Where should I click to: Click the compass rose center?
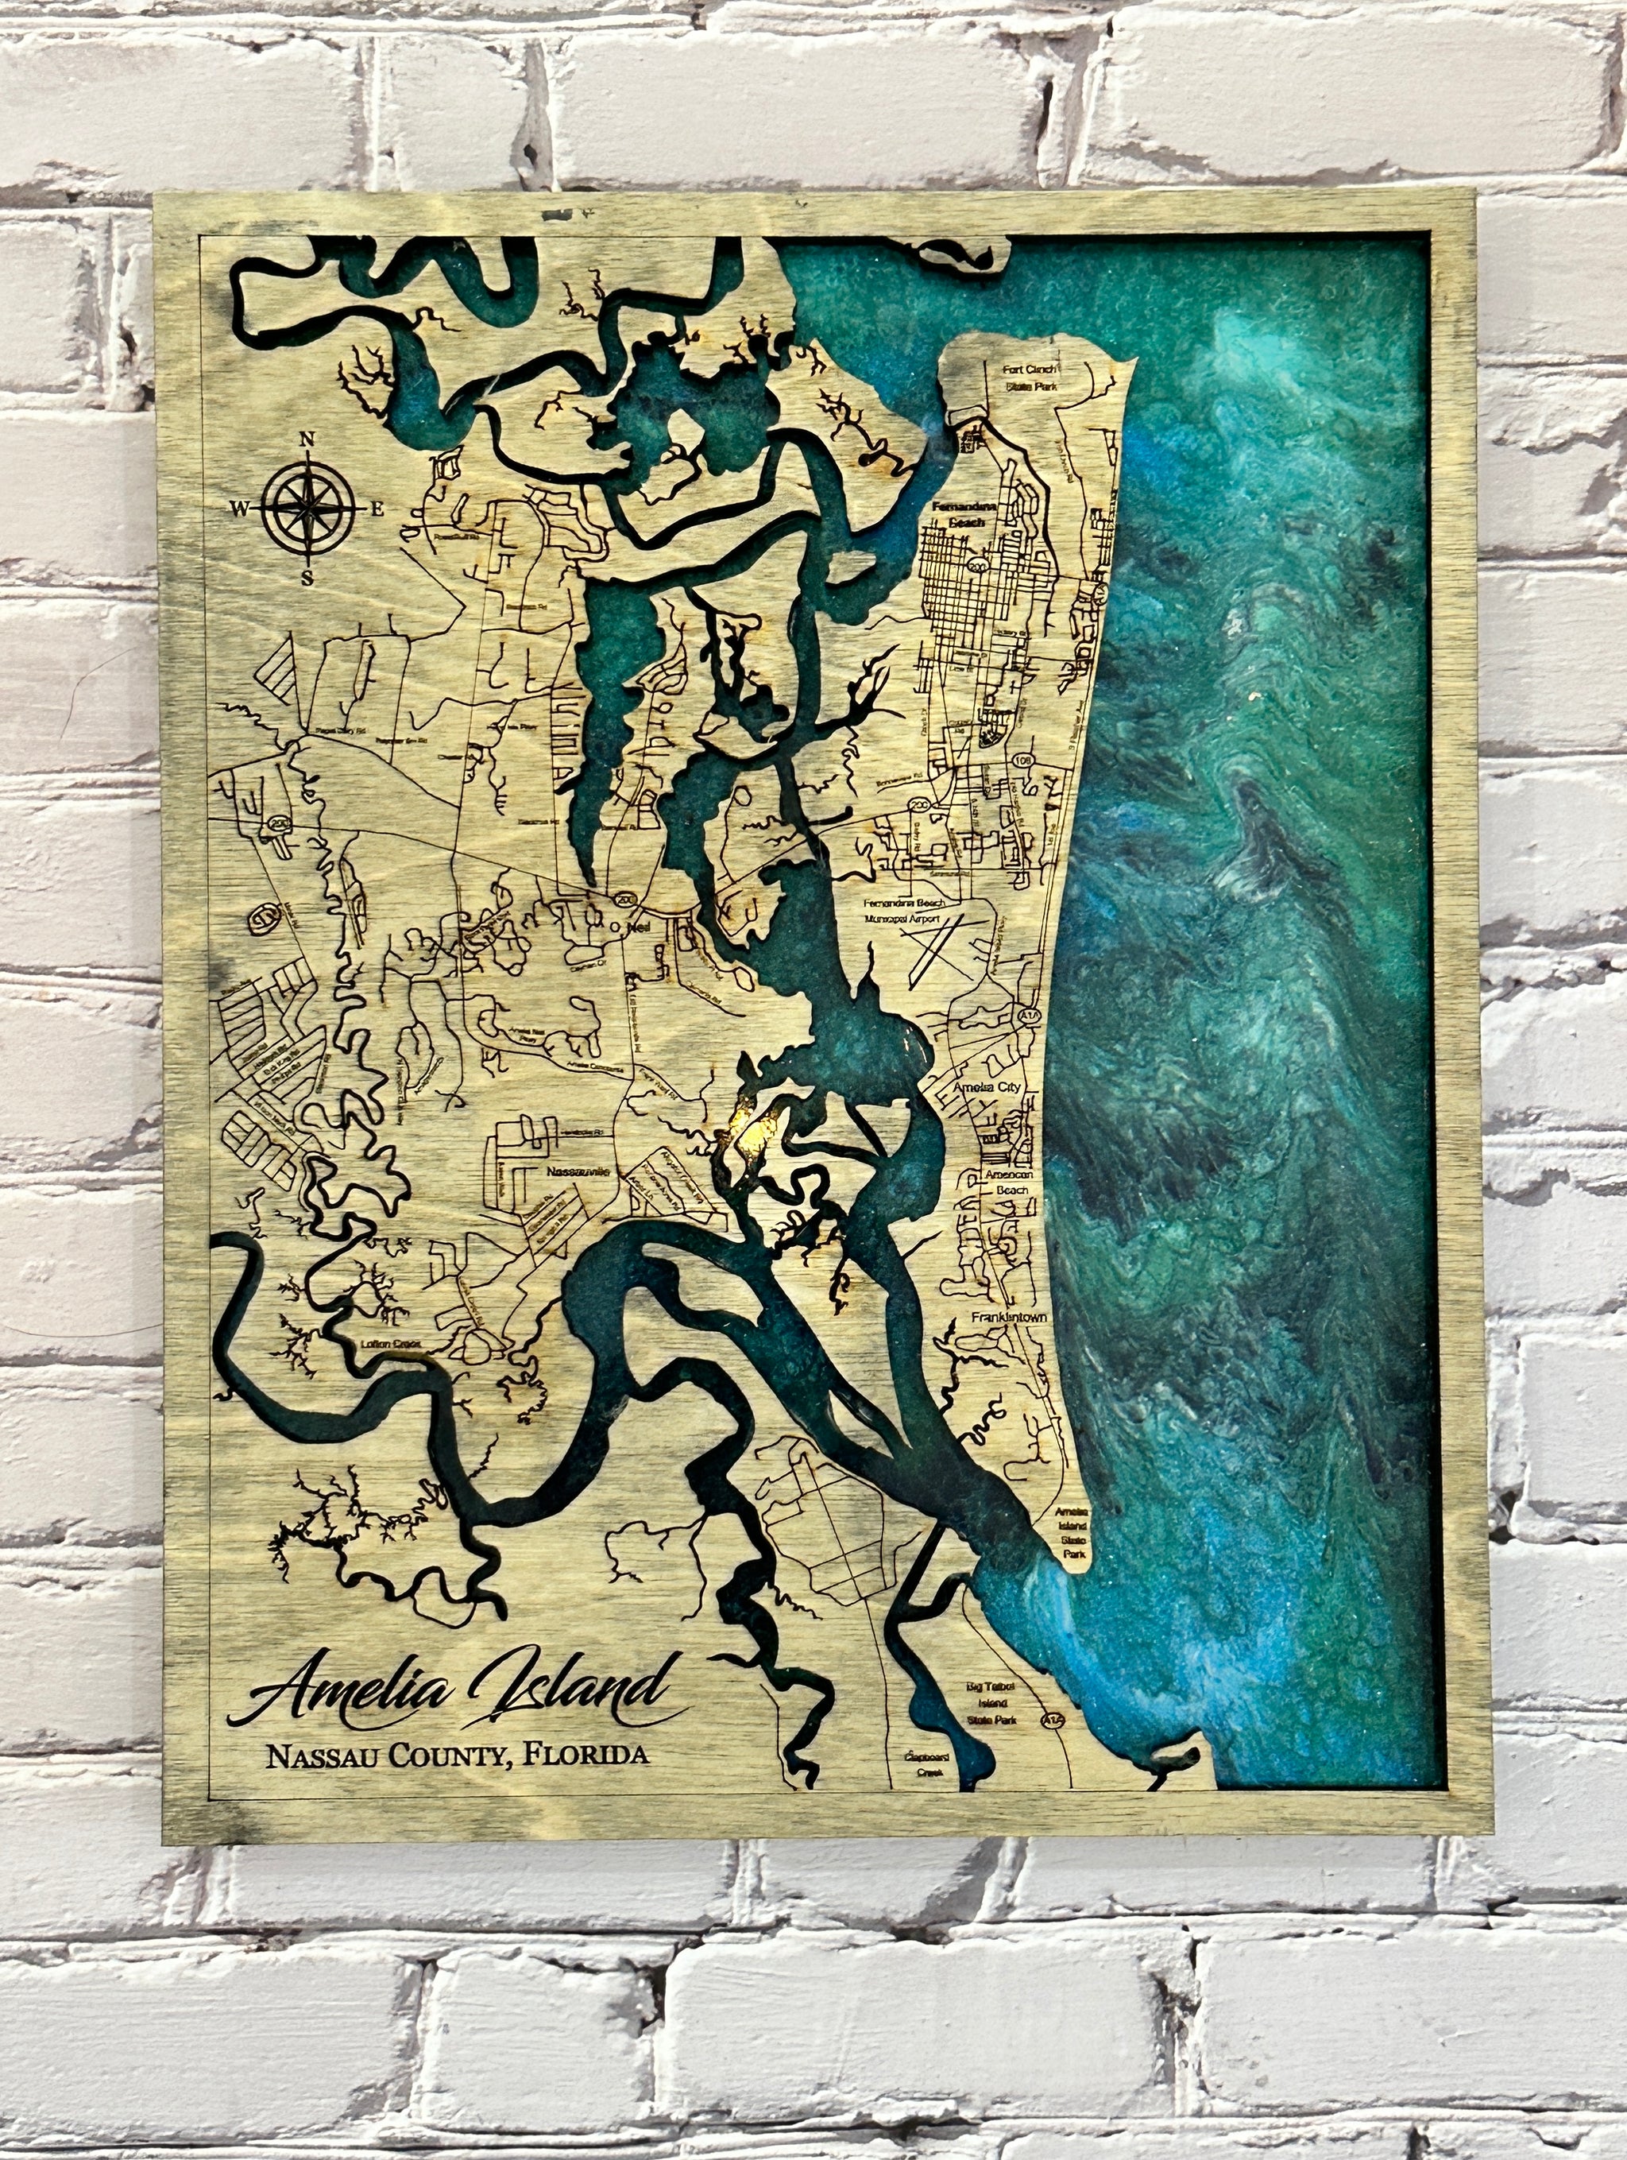click(x=307, y=507)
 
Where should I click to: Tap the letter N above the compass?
click(x=307, y=439)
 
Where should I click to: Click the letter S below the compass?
click(x=307, y=577)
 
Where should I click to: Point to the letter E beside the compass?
click(x=377, y=508)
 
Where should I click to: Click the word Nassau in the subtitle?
click(x=321, y=1755)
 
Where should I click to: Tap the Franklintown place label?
click(x=1008, y=1318)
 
